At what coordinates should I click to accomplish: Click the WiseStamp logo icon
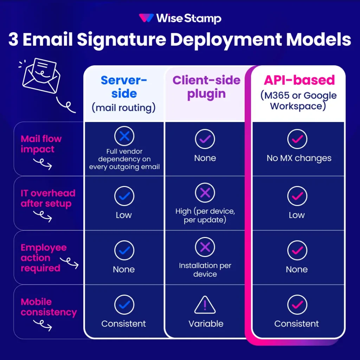(x=146, y=18)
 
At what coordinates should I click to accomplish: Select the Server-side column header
(x=124, y=93)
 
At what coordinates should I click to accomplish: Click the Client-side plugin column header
(x=206, y=87)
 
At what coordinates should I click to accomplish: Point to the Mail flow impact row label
(x=41, y=144)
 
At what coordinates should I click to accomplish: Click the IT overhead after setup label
(x=48, y=198)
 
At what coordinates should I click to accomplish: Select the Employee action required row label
(x=43, y=258)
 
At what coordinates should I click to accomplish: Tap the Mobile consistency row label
(x=49, y=307)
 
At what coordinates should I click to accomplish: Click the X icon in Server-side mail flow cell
(x=124, y=136)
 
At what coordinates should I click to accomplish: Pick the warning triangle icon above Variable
(x=205, y=305)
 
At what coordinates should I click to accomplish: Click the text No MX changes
(x=299, y=158)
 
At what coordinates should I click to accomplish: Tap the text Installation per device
(x=205, y=270)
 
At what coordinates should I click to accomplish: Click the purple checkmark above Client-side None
(x=205, y=139)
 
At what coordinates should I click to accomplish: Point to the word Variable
(x=206, y=324)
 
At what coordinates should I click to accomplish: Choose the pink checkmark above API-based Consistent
(x=297, y=305)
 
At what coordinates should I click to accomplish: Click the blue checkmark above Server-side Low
(x=124, y=196)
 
